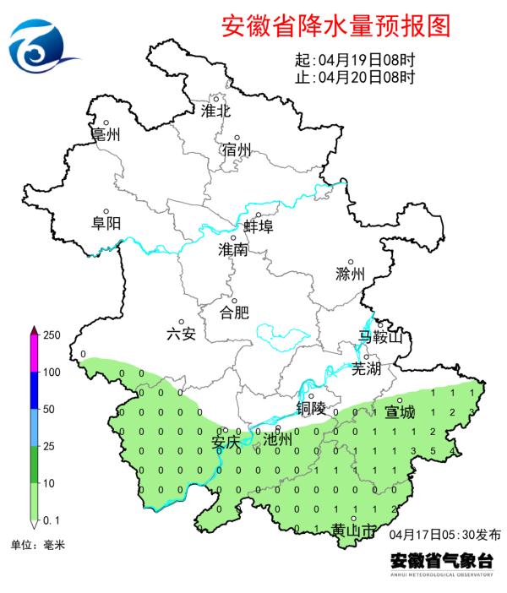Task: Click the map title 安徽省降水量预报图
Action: tap(335, 26)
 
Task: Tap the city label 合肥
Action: tap(234, 313)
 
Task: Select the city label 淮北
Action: tap(215, 110)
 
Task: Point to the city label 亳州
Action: tap(106, 135)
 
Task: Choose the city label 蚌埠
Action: tap(258, 226)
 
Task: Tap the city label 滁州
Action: tap(349, 274)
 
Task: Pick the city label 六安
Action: tap(181, 334)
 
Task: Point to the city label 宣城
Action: tap(400, 412)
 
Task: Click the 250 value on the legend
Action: tap(52, 335)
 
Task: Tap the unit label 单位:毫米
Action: tap(37, 545)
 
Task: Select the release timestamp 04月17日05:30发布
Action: tap(445, 535)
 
